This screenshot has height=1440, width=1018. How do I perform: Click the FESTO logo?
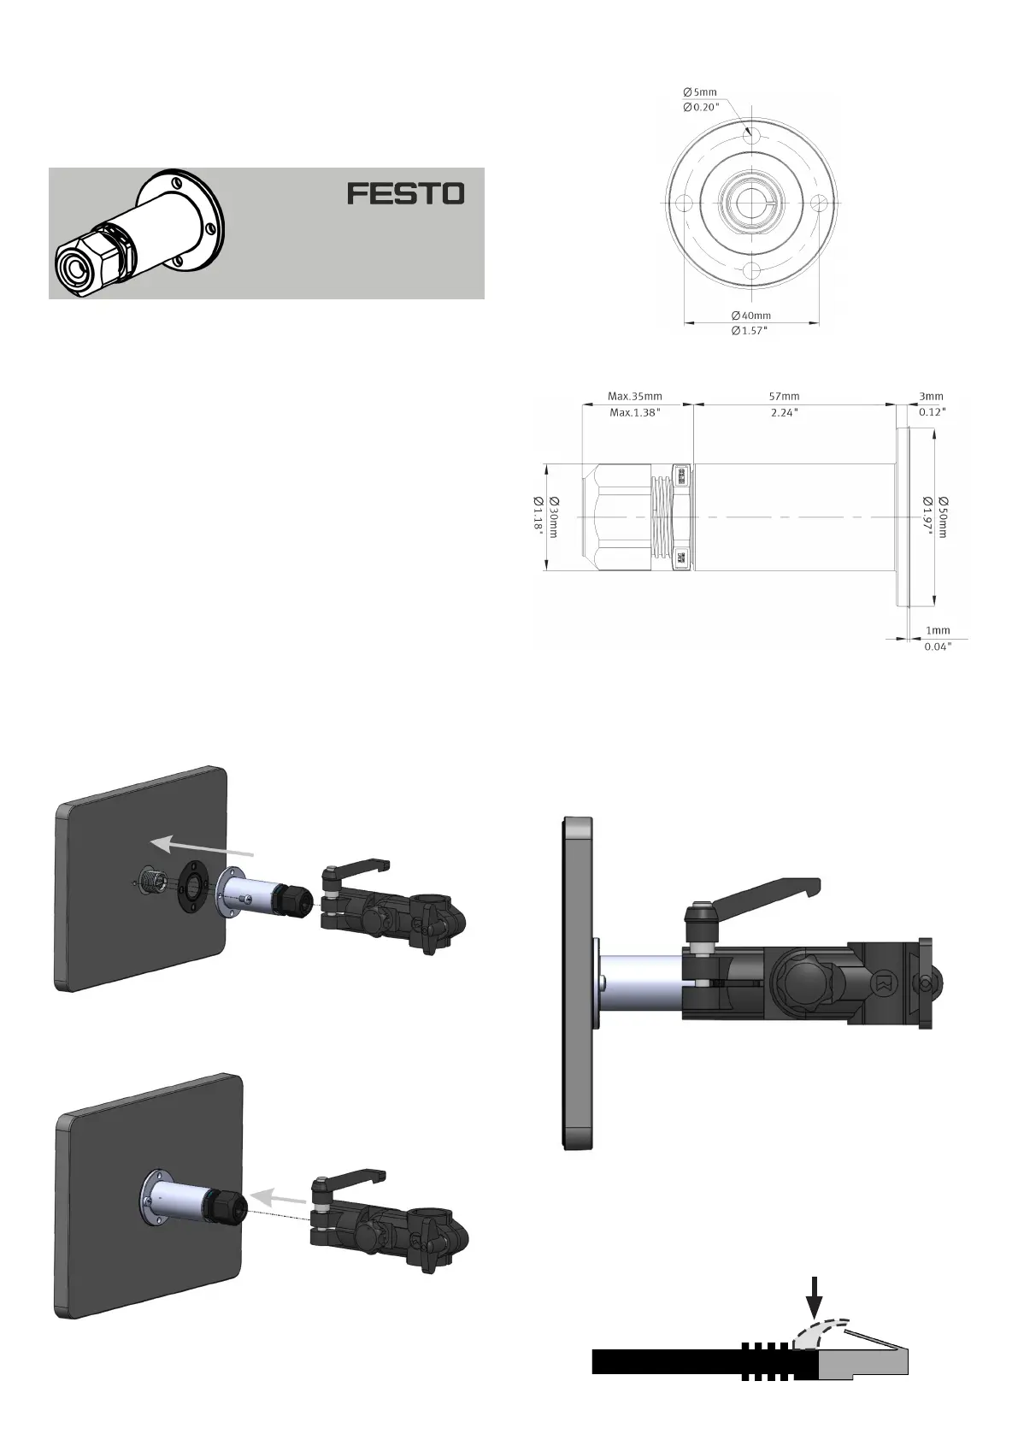(406, 193)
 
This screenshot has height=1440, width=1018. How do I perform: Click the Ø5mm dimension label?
(700, 91)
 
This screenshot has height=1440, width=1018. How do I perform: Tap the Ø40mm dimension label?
(750, 316)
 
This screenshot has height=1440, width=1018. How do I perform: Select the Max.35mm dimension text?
(634, 396)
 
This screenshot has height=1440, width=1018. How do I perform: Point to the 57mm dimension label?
(784, 396)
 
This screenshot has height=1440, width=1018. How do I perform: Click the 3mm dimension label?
(931, 396)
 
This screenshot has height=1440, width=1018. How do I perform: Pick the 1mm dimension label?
(937, 631)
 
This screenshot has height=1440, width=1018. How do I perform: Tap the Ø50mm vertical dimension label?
(943, 517)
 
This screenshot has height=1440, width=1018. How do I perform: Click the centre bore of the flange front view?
(750, 204)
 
